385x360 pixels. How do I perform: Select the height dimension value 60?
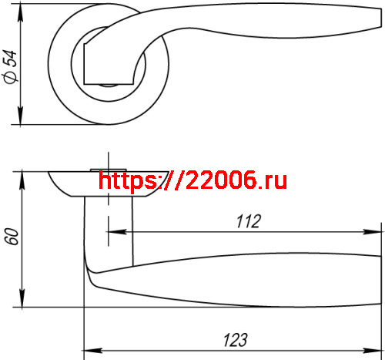pos(10,236)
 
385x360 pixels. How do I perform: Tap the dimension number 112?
pos(246,221)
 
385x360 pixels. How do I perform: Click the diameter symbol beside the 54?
pos(10,77)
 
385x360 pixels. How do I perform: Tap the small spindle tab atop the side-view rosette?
pos(108,167)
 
